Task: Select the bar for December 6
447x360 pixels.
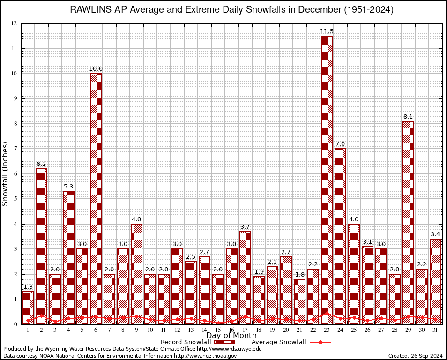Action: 96,197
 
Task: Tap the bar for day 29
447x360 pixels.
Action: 408,220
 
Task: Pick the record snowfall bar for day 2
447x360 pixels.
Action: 41,244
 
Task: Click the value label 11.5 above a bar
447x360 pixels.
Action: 327,31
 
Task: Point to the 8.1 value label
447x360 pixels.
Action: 408,117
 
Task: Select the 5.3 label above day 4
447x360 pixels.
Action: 68,187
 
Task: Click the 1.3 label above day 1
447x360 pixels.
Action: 28,287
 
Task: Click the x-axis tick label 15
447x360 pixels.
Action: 218,330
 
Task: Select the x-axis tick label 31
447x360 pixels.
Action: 435,330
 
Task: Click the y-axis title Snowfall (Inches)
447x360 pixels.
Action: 6,173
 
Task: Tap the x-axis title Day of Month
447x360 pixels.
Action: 231,336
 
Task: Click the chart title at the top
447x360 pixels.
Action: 231,9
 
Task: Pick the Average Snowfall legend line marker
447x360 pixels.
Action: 320,342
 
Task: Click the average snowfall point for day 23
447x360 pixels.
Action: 327,313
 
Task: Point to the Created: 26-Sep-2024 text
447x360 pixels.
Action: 416,356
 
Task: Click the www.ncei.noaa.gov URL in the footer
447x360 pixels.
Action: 209,356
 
